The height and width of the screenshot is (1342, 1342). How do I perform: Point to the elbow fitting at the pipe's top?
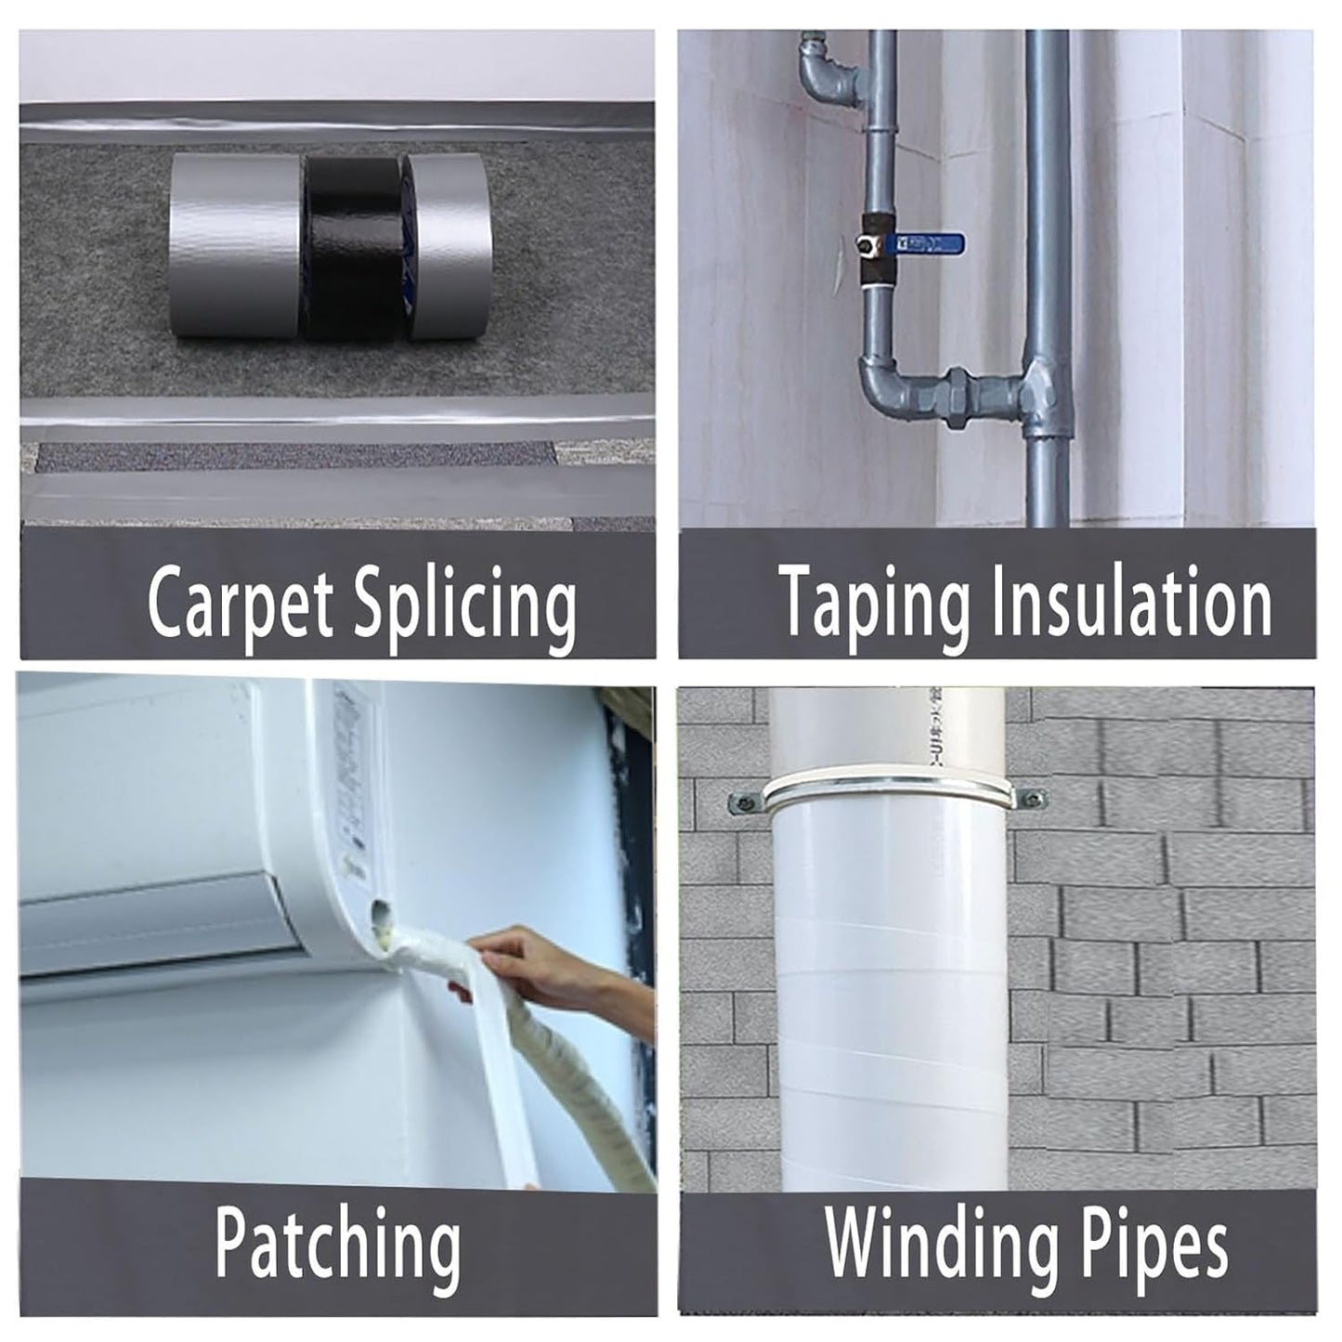(x=822, y=79)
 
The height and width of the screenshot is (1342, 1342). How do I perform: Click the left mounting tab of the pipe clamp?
(x=743, y=798)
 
